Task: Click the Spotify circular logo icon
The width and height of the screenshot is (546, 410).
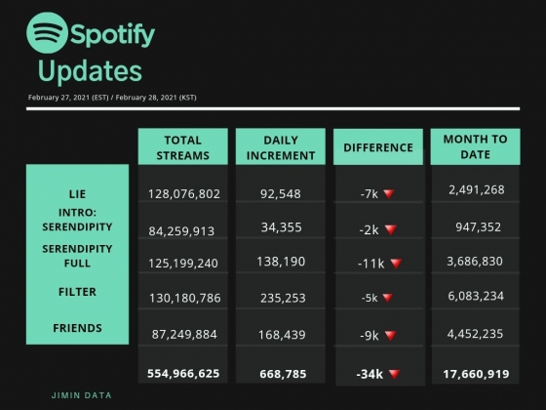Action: click(x=47, y=33)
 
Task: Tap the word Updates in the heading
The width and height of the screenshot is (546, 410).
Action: click(x=90, y=71)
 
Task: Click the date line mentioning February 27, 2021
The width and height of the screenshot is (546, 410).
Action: click(x=112, y=98)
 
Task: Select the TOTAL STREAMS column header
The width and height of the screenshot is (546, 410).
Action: click(x=183, y=147)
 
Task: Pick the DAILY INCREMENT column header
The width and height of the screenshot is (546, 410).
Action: click(x=281, y=147)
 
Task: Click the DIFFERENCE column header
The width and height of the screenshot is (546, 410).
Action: click(x=378, y=147)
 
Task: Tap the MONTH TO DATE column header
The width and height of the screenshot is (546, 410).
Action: click(x=476, y=146)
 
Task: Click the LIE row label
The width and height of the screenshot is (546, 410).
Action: click(x=77, y=194)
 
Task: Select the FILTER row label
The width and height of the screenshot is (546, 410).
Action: click(x=77, y=292)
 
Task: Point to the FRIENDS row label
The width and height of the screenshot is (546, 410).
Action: click(x=77, y=328)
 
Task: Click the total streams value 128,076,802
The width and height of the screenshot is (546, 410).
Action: click(x=184, y=194)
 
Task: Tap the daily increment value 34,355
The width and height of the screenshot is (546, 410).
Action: click(x=282, y=227)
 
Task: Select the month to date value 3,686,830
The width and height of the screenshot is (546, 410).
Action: click(x=475, y=262)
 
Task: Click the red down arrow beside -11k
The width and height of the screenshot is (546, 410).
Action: click(x=396, y=264)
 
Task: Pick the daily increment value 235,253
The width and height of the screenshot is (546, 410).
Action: click(x=283, y=298)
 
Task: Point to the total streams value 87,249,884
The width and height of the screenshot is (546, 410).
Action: click(x=184, y=334)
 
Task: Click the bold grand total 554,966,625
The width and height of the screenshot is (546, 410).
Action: click(x=183, y=373)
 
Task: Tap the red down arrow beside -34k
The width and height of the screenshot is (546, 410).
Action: click(x=394, y=374)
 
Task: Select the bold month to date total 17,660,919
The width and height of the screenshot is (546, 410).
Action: click(x=476, y=374)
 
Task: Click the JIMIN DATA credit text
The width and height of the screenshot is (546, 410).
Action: click(x=82, y=395)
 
